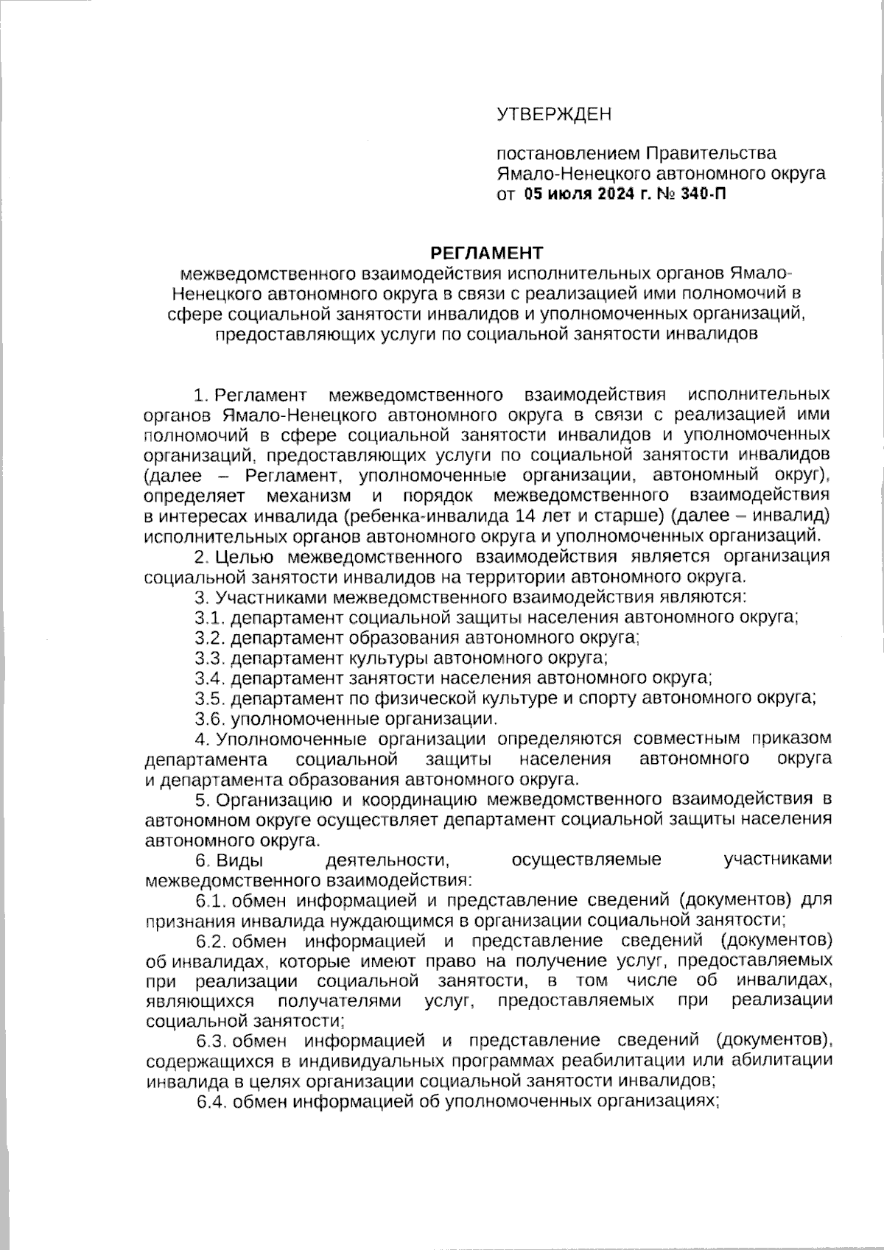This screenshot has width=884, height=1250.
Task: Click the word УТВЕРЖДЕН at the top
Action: coord(554,114)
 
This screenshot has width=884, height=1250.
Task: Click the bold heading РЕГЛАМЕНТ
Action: coord(487,253)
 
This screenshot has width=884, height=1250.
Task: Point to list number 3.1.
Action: coord(210,617)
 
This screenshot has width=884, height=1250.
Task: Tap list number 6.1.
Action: coord(212,899)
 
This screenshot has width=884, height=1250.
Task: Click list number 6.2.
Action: coord(212,940)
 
